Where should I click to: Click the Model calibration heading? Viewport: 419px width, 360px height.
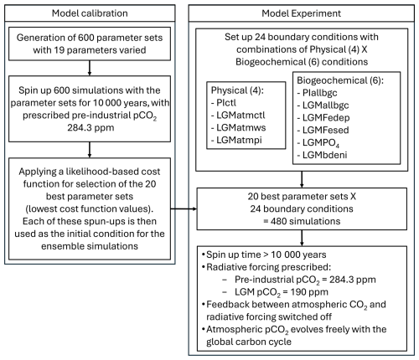coord(90,13)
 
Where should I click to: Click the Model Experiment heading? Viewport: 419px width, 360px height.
coord(301,13)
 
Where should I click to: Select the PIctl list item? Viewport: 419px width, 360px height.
coord(226,103)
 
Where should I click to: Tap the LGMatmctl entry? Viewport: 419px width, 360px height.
coord(241,115)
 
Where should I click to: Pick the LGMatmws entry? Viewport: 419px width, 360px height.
coord(241,127)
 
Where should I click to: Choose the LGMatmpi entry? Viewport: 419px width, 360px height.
coord(239,140)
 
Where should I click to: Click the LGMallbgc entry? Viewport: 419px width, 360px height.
coord(325,105)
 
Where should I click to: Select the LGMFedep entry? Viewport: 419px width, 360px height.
coord(326,117)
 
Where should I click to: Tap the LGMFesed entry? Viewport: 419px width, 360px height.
coord(326,130)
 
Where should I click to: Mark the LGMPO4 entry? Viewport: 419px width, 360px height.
coord(321,142)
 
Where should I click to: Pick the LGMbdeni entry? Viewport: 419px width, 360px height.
coord(325,155)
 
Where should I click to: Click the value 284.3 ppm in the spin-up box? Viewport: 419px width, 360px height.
coord(91,127)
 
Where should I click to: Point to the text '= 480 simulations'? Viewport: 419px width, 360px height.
coord(302,221)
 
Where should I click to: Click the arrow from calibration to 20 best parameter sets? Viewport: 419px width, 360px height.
coord(184,208)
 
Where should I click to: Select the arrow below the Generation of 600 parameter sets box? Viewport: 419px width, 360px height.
coord(90,68)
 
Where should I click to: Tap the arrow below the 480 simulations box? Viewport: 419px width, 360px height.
coord(302,238)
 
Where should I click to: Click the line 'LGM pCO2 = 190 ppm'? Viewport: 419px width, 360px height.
coord(282,292)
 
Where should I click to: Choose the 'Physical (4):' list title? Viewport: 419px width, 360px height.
coord(237,90)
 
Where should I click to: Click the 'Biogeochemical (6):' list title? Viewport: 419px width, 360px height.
coord(340,80)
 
